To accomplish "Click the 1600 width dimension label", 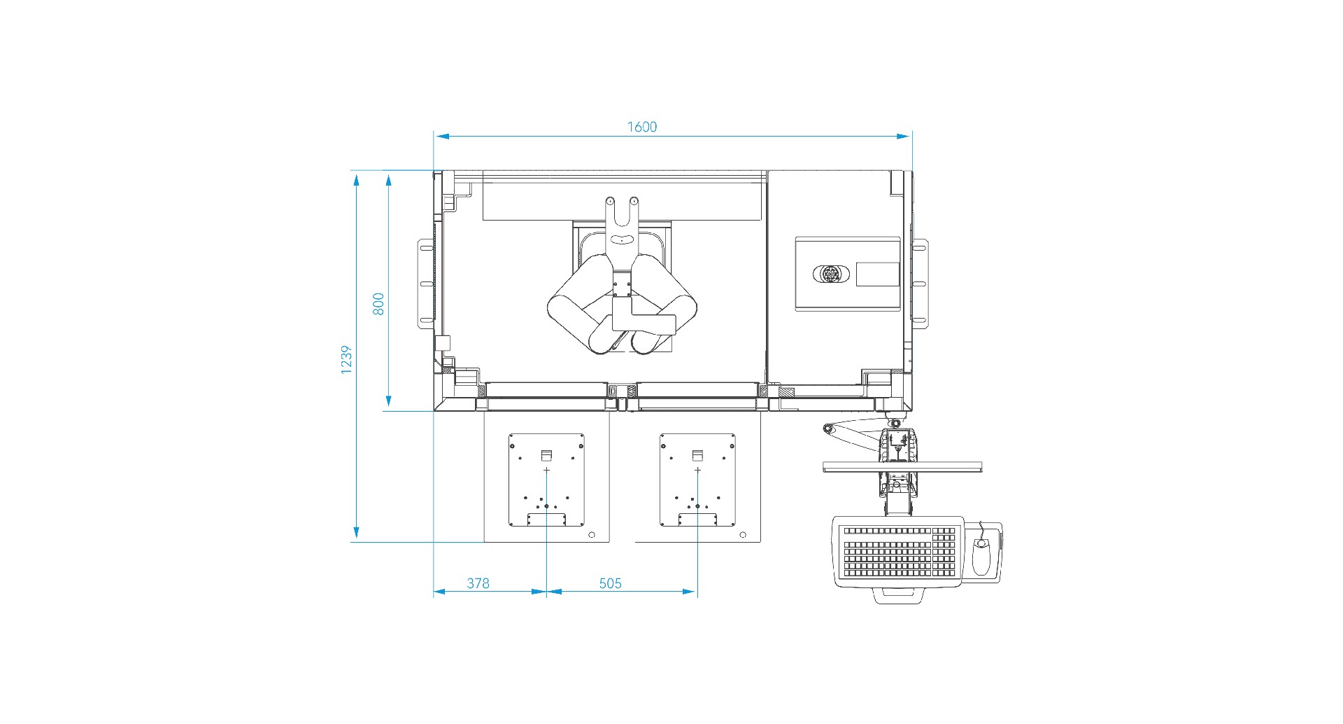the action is coord(641,127).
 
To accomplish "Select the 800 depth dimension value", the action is coord(378,304).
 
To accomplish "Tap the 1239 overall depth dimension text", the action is coord(346,360).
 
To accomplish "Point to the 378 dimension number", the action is coord(478,583).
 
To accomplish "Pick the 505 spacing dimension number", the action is coord(610,583).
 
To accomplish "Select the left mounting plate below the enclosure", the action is coord(546,480).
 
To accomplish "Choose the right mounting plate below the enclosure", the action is coord(697,480).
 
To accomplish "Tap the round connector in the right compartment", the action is coord(830,274).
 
